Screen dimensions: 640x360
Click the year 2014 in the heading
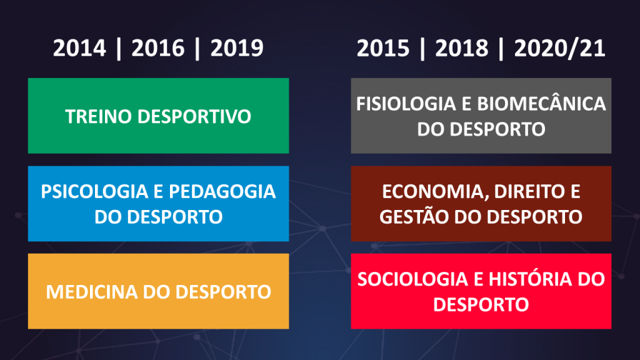point(79,48)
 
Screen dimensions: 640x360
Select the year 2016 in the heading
point(158,48)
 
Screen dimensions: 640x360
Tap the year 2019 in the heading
point(237,48)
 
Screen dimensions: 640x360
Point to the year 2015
point(383,48)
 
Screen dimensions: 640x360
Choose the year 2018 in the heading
point(462,48)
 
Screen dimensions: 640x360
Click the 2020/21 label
point(559,48)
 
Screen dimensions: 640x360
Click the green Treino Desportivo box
point(158,116)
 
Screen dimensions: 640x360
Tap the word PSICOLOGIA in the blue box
point(94,191)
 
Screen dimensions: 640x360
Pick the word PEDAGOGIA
point(222,191)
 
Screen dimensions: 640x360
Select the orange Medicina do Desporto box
point(158,291)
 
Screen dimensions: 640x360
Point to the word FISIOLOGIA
point(406,104)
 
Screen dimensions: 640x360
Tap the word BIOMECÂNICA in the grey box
point(541,103)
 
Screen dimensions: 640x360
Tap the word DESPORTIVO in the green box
point(194,116)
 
